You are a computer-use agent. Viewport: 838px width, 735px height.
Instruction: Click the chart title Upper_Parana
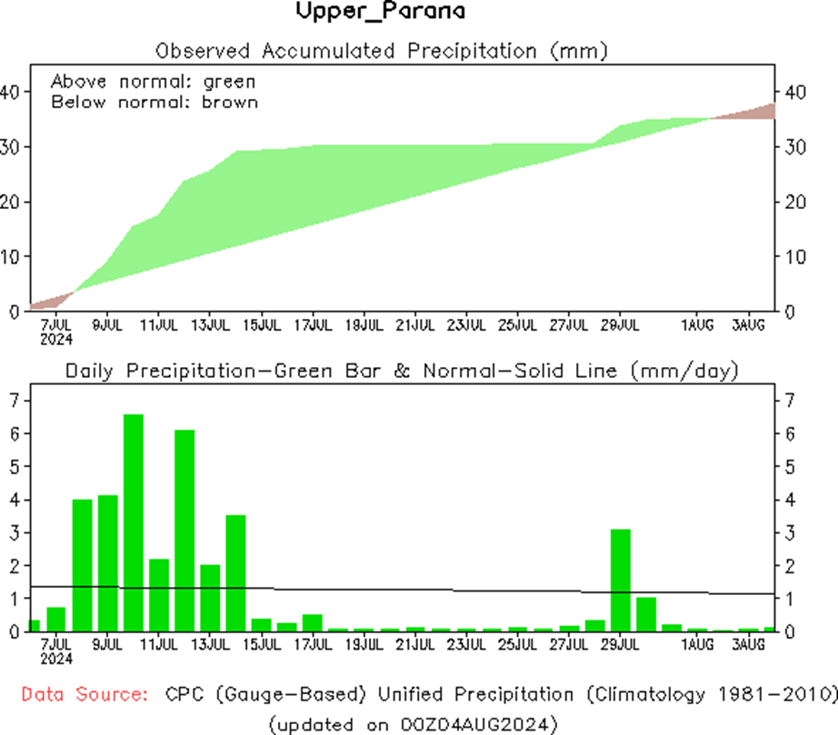point(381,13)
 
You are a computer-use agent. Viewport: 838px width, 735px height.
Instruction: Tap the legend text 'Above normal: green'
point(153,81)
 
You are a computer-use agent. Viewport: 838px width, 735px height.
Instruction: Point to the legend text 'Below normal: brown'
point(155,102)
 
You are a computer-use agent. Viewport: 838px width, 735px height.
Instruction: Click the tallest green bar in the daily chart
point(134,522)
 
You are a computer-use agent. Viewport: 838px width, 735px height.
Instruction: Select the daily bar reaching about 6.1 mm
point(185,531)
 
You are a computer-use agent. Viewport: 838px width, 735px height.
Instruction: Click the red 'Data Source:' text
point(85,695)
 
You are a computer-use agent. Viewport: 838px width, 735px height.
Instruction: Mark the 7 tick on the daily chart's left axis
point(13,400)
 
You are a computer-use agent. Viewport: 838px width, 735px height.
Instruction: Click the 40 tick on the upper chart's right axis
point(794,93)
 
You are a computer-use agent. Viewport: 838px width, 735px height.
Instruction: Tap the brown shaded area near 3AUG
point(759,113)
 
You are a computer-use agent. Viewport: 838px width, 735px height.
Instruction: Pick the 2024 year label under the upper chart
point(56,338)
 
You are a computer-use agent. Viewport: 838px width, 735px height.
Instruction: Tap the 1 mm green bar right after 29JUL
point(646,613)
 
